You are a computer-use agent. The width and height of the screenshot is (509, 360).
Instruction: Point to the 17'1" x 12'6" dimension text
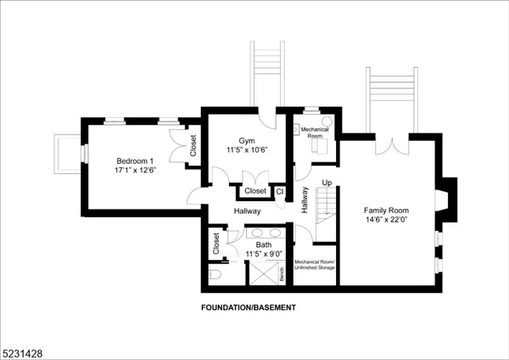click(x=136, y=170)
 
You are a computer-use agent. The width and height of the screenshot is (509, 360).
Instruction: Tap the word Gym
click(x=246, y=140)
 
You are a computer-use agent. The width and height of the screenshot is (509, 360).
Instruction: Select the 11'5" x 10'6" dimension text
click(x=247, y=150)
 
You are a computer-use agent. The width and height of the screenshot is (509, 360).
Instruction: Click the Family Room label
click(x=387, y=210)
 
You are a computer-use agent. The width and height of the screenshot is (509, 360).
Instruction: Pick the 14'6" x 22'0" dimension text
click(x=387, y=220)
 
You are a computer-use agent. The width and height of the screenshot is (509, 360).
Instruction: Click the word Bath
click(x=264, y=245)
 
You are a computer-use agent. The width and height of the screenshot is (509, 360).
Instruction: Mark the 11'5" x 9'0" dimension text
click(x=264, y=254)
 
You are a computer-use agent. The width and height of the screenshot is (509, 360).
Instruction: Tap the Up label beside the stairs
click(x=327, y=183)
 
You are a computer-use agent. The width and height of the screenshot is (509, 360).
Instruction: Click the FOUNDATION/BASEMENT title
click(x=249, y=307)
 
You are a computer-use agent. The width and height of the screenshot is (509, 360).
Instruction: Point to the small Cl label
click(x=279, y=191)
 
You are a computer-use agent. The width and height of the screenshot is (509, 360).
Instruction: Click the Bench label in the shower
click(x=281, y=273)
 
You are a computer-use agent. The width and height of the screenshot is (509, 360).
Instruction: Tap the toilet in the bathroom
click(x=215, y=274)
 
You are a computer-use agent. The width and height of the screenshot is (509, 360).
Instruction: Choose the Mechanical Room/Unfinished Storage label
click(x=315, y=264)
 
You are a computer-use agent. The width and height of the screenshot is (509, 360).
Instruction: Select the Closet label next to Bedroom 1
click(x=193, y=146)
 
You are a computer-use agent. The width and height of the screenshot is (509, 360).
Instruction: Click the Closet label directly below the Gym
click(x=255, y=191)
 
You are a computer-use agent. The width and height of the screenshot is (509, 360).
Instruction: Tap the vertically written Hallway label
click(x=304, y=199)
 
